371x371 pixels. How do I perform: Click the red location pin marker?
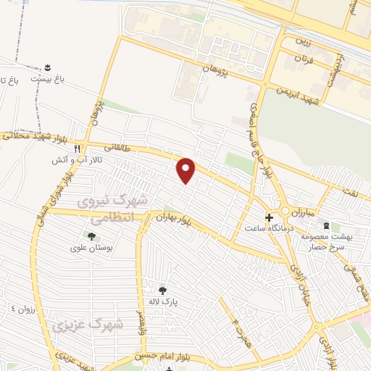[187, 170]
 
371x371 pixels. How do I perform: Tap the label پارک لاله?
[164, 301]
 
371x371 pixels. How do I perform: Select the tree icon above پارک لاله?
[162, 289]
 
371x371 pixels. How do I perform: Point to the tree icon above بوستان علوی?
[91, 235]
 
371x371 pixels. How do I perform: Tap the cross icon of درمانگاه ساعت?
[269, 217]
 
